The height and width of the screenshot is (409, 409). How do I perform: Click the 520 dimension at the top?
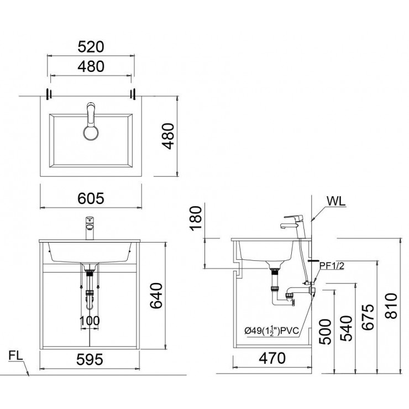point(91,47)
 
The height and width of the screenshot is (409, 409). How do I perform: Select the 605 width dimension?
point(91,198)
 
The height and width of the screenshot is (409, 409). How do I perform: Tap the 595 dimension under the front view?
point(90,360)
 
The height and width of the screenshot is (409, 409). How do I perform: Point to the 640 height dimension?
point(156,296)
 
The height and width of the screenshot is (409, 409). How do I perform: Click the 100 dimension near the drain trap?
point(90,321)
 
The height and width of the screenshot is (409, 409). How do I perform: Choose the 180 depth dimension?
point(196,218)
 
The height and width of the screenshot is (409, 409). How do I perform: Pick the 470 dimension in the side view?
point(272,358)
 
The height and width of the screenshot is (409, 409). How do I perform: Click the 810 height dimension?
point(391,306)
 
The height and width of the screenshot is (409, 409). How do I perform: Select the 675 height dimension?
point(368,317)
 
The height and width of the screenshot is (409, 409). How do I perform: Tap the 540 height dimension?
point(346,328)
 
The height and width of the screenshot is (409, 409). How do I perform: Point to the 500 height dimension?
point(325,332)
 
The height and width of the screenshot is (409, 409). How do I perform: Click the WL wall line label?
point(336,201)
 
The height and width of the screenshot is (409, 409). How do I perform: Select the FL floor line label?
point(15,356)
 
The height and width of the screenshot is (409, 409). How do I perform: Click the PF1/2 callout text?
point(332,266)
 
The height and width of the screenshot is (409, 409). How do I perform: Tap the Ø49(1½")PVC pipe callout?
point(271,331)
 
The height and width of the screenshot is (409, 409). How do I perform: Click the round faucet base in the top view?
point(91,133)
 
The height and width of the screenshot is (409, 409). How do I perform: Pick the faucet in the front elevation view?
point(90,228)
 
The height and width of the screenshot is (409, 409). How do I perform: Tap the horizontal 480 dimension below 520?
point(91,66)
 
